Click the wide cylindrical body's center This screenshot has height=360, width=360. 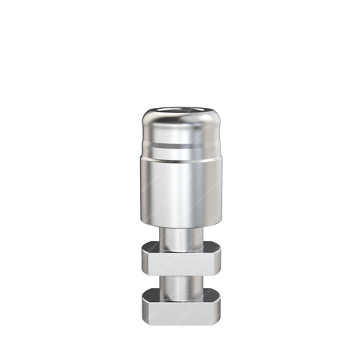tap(180, 188)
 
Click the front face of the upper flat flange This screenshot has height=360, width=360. tap(180, 264)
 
